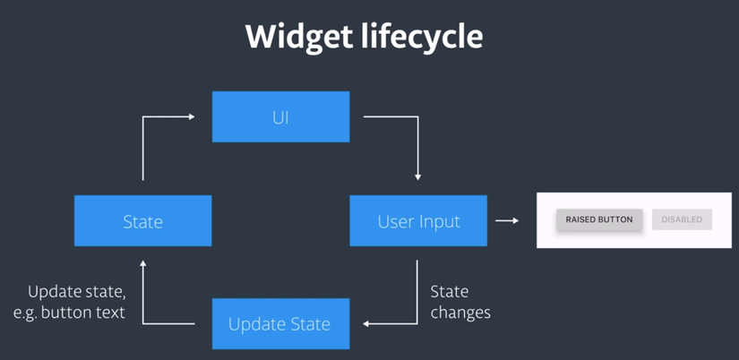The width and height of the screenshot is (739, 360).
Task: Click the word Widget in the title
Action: (x=299, y=38)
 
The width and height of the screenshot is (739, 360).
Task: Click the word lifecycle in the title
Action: (x=422, y=37)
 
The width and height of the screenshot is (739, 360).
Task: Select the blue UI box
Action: (x=281, y=116)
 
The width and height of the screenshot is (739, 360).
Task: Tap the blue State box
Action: (x=142, y=220)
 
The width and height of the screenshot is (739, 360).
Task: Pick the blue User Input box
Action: (x=418, y=220)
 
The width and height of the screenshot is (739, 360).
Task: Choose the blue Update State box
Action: (x=281, y=323)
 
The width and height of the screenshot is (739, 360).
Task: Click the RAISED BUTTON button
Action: (x=599, y=219)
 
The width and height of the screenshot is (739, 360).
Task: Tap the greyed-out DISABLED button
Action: (x=682, y=219)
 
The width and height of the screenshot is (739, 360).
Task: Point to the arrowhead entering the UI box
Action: (x=192, y=116)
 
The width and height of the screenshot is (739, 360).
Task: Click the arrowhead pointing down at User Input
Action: (x=417, y=177)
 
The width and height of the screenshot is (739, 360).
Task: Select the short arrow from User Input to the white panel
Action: (x=507, y=220)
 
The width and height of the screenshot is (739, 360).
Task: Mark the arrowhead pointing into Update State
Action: (x=366, y=323)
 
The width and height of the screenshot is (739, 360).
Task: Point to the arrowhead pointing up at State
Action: (x=142, y=263)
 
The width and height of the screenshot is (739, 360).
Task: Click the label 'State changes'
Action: (x=460, y=302)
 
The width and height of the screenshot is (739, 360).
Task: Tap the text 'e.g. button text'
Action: (x=69, y=313)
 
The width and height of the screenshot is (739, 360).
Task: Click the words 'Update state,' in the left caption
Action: (x=77, y=292)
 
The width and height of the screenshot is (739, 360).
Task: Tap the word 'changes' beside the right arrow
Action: (x=460, y=313)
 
